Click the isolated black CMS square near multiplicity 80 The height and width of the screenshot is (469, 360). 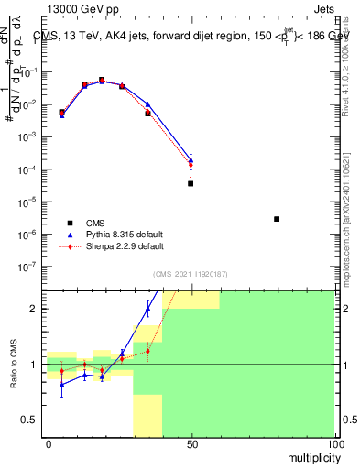[x=277, y=219]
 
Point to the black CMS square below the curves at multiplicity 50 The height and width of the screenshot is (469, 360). [x=191, y=183]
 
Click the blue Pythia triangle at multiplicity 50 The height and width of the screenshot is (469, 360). [x=191, y=158]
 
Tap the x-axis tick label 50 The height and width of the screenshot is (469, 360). [x=191, y=443]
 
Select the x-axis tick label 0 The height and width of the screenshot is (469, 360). [x=49, y=443]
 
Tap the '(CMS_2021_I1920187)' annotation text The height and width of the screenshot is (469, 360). [x=190, y=274]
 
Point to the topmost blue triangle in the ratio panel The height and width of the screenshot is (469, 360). [x=147, y=308]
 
